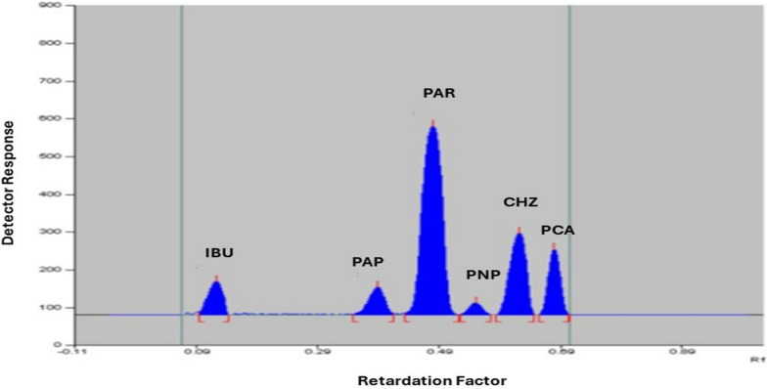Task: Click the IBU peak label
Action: pos(219,252)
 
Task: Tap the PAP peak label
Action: pos(368,262)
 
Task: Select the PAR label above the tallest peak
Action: pos(439,94)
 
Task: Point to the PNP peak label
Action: pos(482,275)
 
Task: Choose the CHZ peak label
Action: pos(519,202)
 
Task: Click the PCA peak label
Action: pos(558,231)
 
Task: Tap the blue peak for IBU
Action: pos(214,298)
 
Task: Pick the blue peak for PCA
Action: pos(554,283)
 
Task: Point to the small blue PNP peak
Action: pos(475,309)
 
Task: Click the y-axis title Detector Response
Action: pos(10,182)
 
